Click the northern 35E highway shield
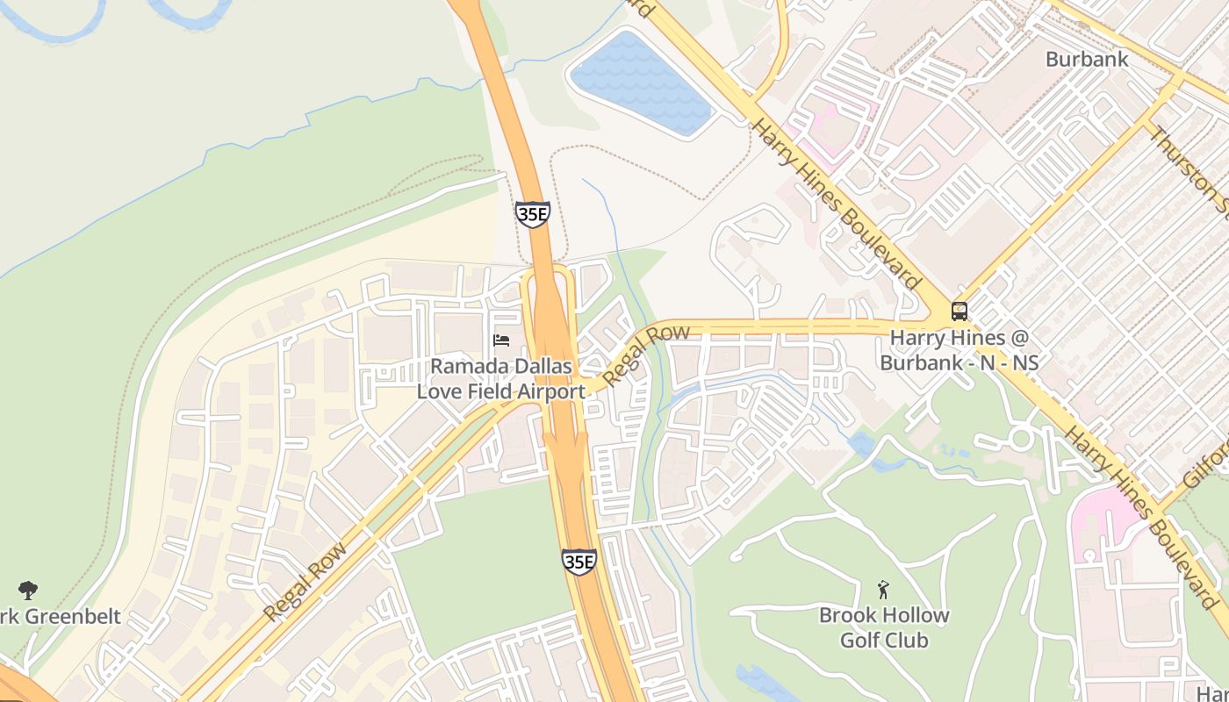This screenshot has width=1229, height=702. (532, 213)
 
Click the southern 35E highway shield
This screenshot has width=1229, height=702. (579, 562)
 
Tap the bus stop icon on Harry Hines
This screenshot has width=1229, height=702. (959, 312)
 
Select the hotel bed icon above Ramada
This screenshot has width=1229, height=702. (501, 340)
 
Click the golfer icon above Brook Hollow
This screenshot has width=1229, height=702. (884, 590)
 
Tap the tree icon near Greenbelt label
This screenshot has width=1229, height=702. (28, 591)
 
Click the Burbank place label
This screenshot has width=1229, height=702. (1086, 60)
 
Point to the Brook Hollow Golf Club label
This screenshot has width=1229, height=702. (884, 627)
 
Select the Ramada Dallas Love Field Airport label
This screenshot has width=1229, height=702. (500, 378)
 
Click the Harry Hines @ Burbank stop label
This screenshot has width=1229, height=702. (959, 349)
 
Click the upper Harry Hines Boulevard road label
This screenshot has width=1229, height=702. (837, 204)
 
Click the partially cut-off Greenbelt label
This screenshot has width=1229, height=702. (60, 616)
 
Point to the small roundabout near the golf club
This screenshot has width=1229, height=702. (1021, 438)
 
